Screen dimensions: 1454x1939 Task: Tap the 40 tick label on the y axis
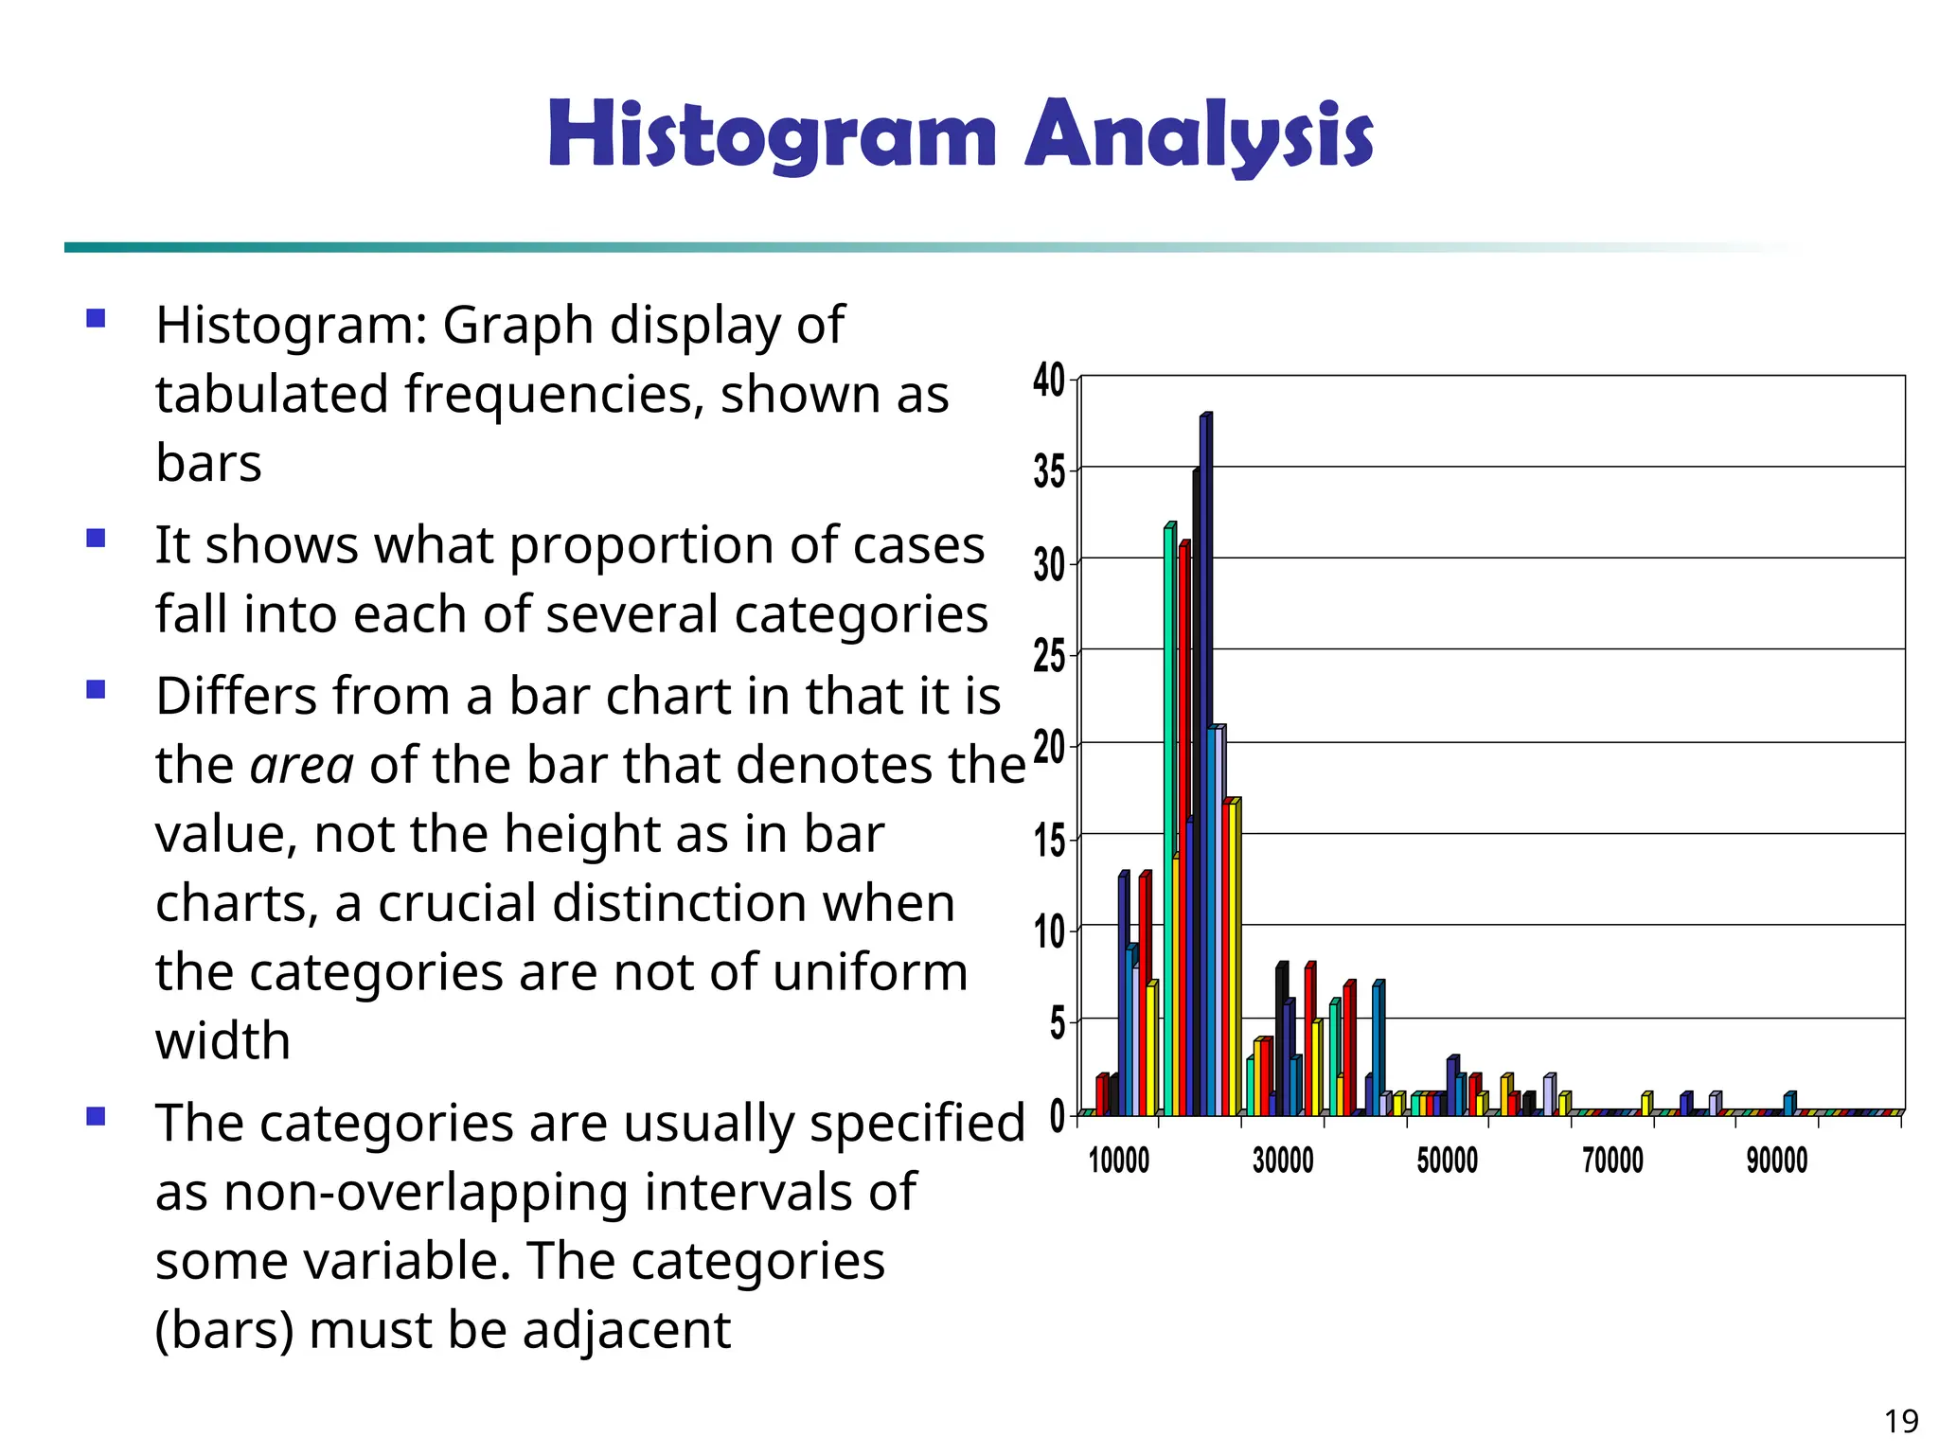point(1049,381)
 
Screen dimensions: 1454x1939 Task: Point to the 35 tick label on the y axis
point(1049,471)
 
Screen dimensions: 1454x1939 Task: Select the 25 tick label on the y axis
point(1049,655)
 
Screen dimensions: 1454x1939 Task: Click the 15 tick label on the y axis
point(1049,840)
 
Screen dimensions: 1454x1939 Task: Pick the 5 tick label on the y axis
point(1057,1023)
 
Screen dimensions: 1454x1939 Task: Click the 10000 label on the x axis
point(1118,1160)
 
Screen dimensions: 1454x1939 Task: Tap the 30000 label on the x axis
point(1283,1160)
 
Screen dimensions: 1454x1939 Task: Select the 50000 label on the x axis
point(1447,1160)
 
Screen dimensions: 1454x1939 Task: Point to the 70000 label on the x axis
point(1612,1160)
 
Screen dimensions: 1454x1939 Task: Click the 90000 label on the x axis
point(1777,1160)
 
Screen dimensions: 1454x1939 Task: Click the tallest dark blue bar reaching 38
point(1205,757)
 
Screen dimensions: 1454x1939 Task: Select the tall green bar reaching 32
point(1168,814)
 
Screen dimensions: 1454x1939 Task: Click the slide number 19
point(1901,1421)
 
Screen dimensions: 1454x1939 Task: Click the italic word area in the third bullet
point(302,765)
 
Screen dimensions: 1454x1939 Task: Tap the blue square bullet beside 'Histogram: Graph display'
point(96,318)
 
